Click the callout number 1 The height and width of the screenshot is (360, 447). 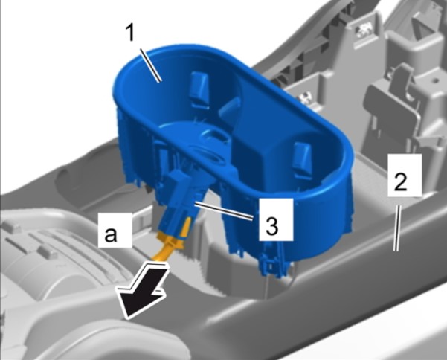(130, 33)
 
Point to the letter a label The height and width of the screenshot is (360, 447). (111, 234)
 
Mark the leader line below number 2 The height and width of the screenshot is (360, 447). (397, 228)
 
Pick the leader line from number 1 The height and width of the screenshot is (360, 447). (150, 65)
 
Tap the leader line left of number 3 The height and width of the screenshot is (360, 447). (223, 210)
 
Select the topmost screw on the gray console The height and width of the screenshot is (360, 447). (364, 29)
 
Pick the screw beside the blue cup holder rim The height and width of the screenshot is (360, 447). (304, 97)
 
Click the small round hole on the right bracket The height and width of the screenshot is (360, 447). (435, 80)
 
